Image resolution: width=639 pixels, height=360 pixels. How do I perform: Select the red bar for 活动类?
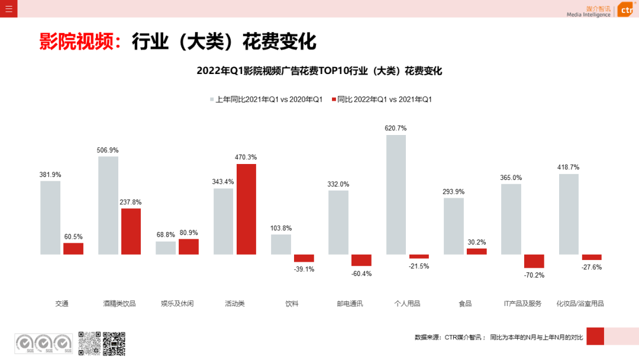pos(246,209)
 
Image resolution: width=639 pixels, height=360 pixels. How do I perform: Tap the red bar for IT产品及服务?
pos(534,261)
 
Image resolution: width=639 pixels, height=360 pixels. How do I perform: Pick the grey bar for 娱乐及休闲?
pos(166,247)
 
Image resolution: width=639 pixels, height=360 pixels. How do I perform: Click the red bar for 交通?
pos(73,249)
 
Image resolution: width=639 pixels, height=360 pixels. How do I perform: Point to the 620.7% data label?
pos(396,128)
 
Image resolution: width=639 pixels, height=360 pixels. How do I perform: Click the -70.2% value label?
pos(534,275)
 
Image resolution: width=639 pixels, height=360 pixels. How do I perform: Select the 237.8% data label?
pos(131,202)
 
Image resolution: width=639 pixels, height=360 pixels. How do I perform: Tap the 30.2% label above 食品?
pos(476,242)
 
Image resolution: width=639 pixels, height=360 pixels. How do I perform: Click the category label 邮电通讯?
pos(350,304)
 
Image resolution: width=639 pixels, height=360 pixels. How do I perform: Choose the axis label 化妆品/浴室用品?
pos(580,304)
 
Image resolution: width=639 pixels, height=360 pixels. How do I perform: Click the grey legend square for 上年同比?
pos(211,99)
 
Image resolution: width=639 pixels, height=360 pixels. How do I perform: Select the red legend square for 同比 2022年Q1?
pos(334,99)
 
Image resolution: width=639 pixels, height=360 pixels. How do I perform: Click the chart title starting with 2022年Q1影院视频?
pos(319,71)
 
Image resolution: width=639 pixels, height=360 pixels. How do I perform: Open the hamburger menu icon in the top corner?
pos(8,9)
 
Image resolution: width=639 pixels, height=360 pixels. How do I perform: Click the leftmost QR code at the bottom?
pos(89,343)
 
